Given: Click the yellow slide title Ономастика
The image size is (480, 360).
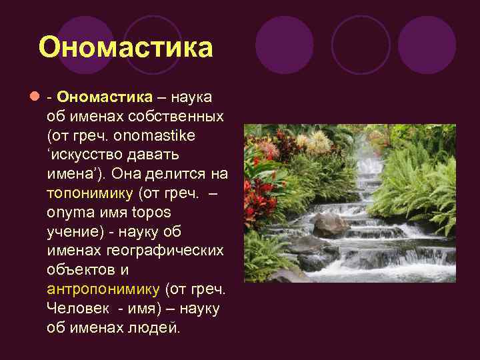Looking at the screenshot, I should point(125,47).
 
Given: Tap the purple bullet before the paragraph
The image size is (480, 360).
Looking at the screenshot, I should point(33,97).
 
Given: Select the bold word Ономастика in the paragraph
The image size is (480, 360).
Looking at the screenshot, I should point(105,97).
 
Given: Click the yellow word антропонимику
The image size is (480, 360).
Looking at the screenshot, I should point(103,290).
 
